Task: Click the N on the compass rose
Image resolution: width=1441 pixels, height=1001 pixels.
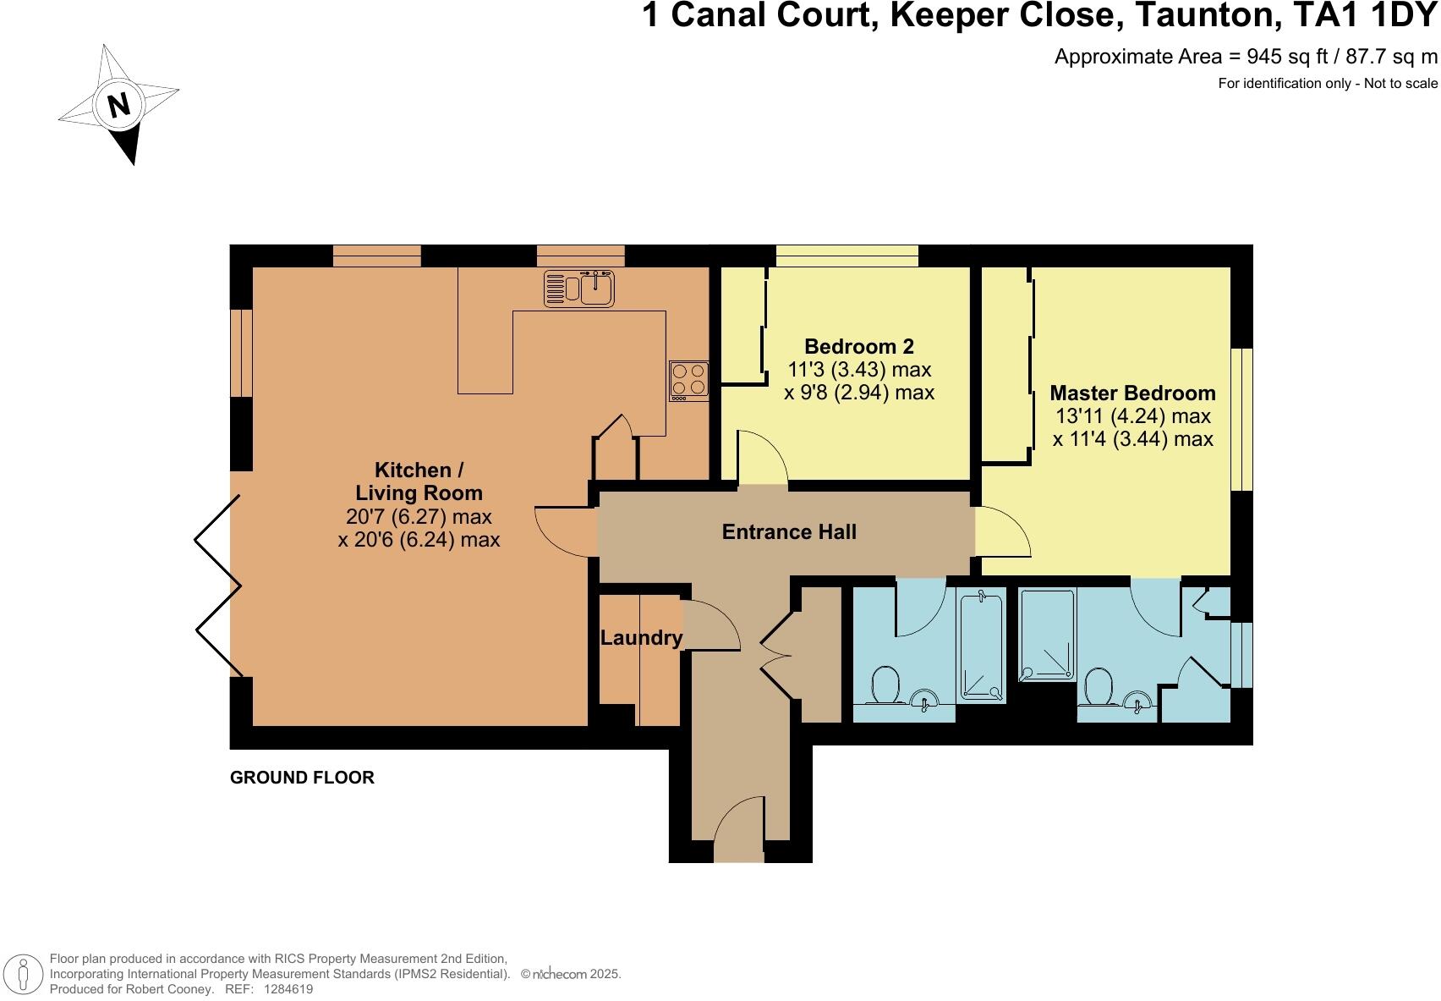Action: pos(119,105)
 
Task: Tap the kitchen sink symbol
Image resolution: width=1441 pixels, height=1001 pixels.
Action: pos(579,288)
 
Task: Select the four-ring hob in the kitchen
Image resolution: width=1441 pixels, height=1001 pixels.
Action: pos(688,380)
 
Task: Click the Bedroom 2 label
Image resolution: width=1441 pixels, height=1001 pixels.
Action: pos(859,346)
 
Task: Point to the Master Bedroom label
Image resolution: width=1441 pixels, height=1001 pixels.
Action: pos(1132,393)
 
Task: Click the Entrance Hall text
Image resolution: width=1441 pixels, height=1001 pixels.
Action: pos(789,532)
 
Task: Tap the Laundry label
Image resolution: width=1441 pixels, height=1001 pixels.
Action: pos(641,638)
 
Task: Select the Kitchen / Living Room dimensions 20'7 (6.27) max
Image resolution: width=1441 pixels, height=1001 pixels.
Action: pos(419,516)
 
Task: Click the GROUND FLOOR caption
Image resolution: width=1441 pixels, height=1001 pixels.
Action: pos(302,778)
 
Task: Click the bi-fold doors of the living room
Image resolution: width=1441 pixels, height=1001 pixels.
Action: pos(218,584)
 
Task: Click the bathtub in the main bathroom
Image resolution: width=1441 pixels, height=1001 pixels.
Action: pos(981,647)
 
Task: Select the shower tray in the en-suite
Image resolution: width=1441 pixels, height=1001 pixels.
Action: pos(1048,635)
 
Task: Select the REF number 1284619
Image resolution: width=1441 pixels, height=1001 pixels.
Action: pos(288,988)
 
